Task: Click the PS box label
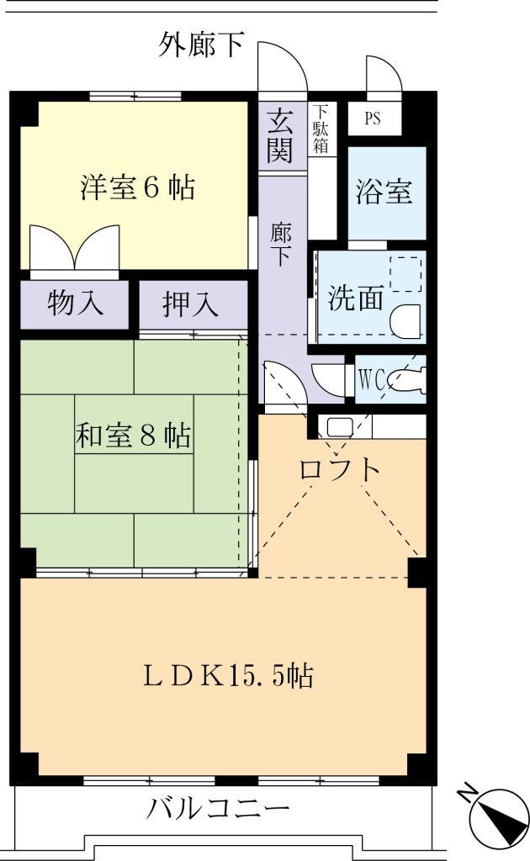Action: [372, 119]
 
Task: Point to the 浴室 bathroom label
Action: [385, 193]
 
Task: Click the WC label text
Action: [371, 380]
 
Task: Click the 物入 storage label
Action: [75, 304]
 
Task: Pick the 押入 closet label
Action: [190, 305]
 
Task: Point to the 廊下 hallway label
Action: [281, 245]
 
